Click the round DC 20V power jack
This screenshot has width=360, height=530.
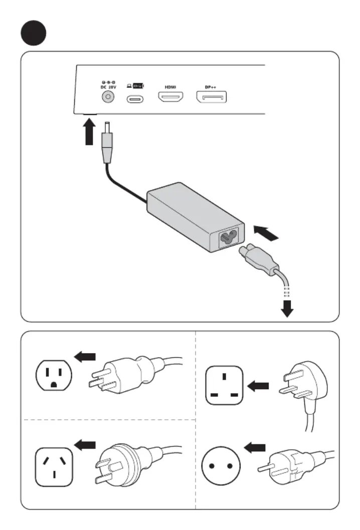click(106, 97)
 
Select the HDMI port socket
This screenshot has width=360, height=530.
click(171, 97)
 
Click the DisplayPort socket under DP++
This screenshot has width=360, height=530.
click(211, 97)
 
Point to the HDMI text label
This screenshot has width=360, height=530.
click(170, 86)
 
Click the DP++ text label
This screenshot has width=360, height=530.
click(211, 86)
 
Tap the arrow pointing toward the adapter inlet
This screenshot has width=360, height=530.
click(266, 232)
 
